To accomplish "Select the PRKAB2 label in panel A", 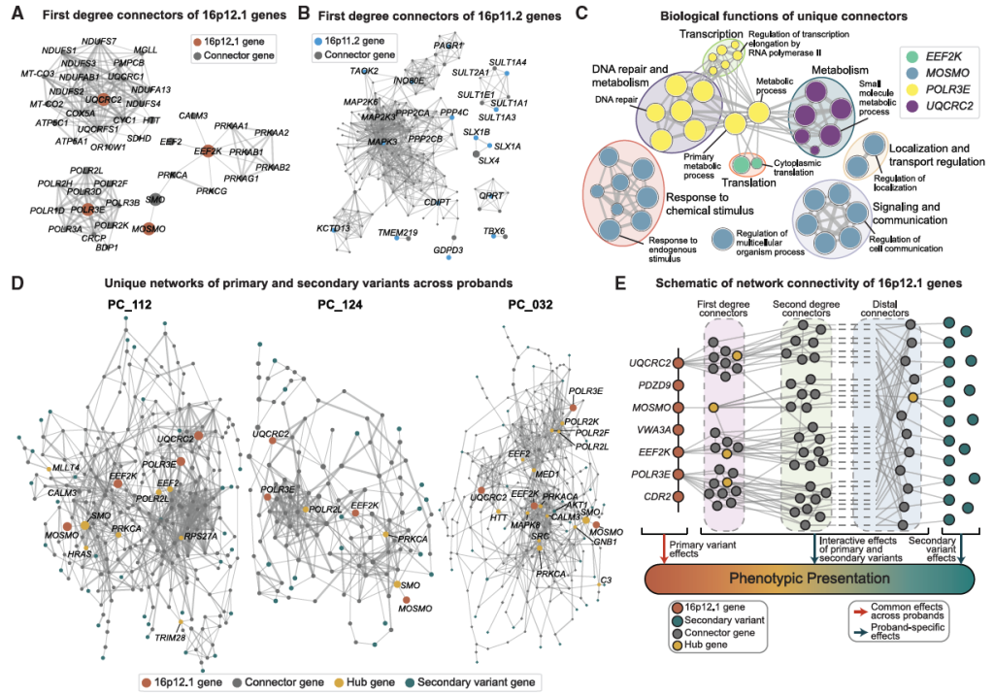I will tap(273, 167).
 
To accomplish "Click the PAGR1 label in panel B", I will tap(447, 46).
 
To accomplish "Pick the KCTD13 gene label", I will tap(332, 227).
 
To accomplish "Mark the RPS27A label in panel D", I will tap(198, 535).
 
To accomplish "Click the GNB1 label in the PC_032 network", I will tap(611, 545).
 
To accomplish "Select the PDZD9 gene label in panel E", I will tap(647, 384).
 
